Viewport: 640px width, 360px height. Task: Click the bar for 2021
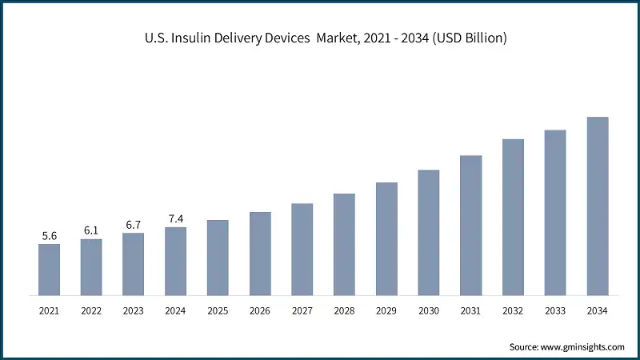[x=50, y=269]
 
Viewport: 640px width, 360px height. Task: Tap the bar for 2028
[x=344, y=243]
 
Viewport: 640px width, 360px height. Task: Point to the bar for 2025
[x=218, y=257]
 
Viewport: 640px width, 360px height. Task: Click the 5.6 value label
[x=50, y=236]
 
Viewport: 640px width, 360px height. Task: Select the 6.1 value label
[x=91, y=230]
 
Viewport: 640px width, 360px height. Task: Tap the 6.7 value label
[x=134, y=225]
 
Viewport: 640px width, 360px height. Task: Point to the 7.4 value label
[x=175, y=218]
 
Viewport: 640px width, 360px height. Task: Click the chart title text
[x=320, y=38]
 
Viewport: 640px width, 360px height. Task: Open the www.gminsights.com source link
[x=582, y=346]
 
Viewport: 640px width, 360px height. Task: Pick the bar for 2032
[x=513, y=217]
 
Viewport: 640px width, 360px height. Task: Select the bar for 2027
[x=302, y=249]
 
